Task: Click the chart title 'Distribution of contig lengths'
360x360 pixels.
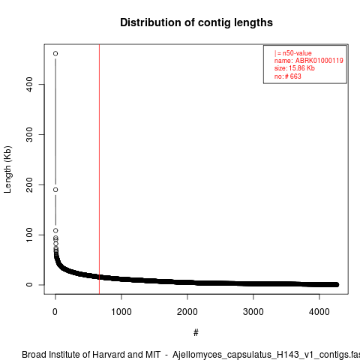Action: tap(196, 22)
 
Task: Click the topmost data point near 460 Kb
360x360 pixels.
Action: tap(55, 53)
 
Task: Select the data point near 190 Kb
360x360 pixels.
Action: tap(55, 190)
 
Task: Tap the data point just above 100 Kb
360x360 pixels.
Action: tap(55, 230)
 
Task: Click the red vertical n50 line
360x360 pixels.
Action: tap(100, 169)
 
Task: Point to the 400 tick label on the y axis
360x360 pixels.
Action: tap(29, 85)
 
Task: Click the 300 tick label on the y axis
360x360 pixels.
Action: tap(29, 134)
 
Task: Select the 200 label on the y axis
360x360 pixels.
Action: tap(29, 184)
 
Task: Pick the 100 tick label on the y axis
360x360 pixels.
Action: tap(29, 235)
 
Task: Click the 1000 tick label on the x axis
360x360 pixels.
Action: tap(121, 312)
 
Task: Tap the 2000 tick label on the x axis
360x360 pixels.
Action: tap(187, 312)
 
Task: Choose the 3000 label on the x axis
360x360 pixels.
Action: tap(253, 312)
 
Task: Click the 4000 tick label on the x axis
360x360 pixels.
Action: tap(319, 312)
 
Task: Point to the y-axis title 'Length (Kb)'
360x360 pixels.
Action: tap(7, 169)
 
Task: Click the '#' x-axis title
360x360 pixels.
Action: tap(196, 333)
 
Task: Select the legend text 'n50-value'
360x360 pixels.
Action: tap(297, 53)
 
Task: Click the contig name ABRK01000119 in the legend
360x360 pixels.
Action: tap(319, 61)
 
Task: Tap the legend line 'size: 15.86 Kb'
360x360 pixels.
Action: tap(295, 68)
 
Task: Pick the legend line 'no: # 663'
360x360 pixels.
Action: tap(288, 76)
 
